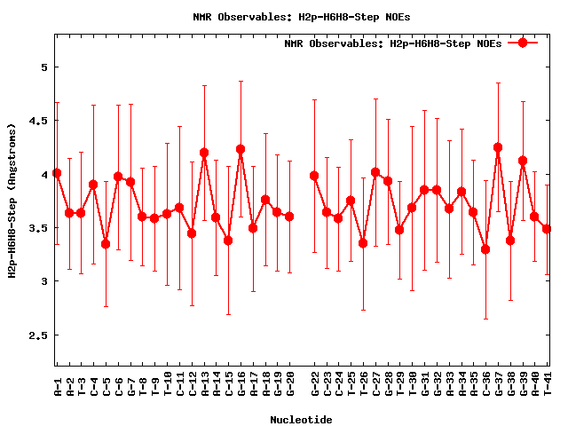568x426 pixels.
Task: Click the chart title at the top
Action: pos(302,16)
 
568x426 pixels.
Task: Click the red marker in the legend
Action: pos(523,43)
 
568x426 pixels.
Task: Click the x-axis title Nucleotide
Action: pos(301,420)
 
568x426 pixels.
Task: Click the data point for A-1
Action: pos(57,173)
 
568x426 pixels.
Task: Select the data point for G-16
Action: pos(241,149)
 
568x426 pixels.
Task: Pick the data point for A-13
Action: pos(204,153)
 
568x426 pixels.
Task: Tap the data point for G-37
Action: pos(498,147)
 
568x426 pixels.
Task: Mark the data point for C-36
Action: pos(485,249)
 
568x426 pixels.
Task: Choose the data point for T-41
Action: pos(547,229)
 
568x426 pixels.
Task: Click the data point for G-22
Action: pos(314,176)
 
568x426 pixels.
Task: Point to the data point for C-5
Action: pos(106,244)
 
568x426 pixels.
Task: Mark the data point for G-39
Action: pos(523,161)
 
